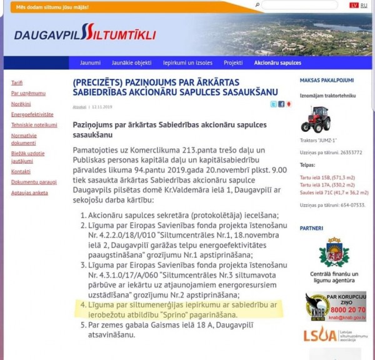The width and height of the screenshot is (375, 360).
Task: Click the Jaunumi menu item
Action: pyautogui.click(x=90, y=63)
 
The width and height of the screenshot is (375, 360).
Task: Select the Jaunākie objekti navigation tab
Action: pyautogui.click(x=129, y=63)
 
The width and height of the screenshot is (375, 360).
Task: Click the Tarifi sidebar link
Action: pyautogui.click(x=17, y=83)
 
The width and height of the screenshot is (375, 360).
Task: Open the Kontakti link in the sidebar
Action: pyautogui.click(x=21, y=171)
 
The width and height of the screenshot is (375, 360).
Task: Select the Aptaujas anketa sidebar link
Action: pyautogui.click(x=29, y=192)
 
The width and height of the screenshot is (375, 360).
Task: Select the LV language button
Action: pyautogui.click(x=354, y=5)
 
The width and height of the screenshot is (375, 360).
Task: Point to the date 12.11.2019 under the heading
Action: pyautogui.click(x=100, y=106)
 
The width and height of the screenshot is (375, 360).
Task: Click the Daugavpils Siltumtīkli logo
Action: pyautogui.click(x=85, y=34)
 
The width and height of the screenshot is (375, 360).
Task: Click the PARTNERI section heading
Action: pyautogui.click(x=311, y=228)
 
